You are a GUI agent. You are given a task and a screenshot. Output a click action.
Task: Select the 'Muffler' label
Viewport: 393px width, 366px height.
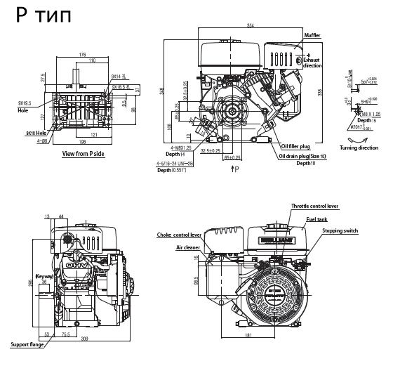(x=312, y=35)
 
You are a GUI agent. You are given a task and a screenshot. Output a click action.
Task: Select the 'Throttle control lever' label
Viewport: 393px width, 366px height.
(x=314, y=206)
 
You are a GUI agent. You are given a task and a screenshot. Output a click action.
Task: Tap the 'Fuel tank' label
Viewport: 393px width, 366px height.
(x=316, y=218)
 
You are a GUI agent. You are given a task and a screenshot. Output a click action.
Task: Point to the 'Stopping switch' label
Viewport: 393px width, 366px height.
(x=342, y=230)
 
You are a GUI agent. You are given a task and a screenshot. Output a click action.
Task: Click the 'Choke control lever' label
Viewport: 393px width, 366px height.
(x=179, y=235)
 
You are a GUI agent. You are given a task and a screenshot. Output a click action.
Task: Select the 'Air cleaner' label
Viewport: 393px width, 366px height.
(x=188, y=247)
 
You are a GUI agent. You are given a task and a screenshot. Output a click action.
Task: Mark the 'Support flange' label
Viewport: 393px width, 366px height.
(x=27, y=344)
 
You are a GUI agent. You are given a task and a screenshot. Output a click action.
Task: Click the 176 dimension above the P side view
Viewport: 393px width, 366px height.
(x=82, y=54)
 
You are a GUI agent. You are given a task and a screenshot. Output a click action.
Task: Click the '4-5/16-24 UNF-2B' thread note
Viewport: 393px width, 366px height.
(x=178, y=164)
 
